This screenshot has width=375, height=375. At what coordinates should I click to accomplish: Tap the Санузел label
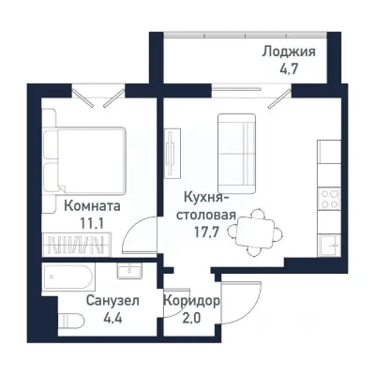click(86, 302)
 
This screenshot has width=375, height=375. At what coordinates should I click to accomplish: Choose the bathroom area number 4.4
click(86, 319)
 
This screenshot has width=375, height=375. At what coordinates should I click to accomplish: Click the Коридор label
click(192, 302)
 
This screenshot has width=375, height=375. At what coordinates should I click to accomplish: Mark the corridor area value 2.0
click(192, 319)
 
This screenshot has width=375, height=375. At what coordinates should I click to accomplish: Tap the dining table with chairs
click(257, 230)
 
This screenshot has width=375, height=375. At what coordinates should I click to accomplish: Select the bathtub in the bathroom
click(67, 278)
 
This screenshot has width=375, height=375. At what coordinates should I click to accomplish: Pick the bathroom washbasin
click(129, 271)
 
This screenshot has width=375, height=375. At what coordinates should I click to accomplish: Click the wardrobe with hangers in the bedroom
click(80, 246)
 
